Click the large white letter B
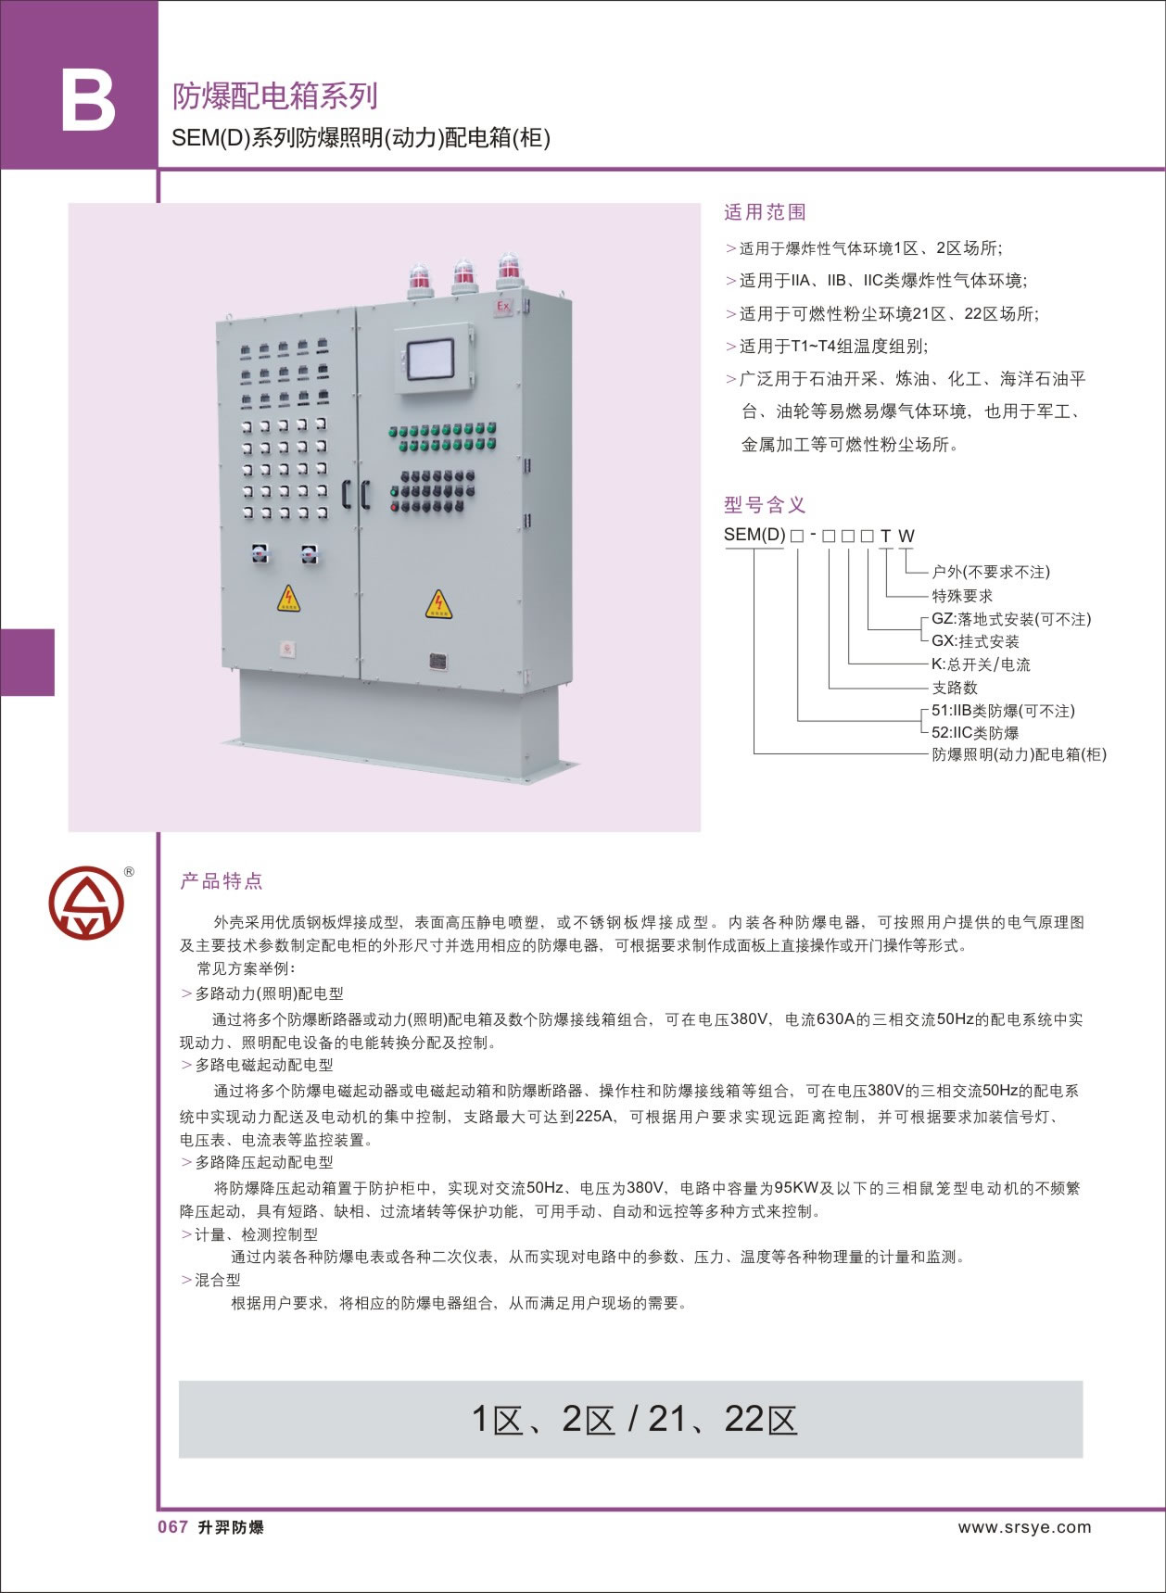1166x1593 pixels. (x=88, y=101)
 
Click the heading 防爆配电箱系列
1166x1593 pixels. (x=275, y=96)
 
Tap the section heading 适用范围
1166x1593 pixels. (x=765, y=212)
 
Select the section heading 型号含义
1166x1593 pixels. (x=765, y=505)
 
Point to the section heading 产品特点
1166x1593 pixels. (x=222, y=881)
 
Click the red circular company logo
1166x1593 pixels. (x=86, y=903)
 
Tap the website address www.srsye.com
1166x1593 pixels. (x=1024, y=1527)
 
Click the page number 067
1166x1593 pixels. (x=173, y=1527)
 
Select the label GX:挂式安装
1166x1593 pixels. (x=975, y=641)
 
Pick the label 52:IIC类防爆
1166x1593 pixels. (x=975, y=733)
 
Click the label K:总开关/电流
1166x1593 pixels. (x=981, y=664)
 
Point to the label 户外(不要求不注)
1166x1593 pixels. (x=991, y=572)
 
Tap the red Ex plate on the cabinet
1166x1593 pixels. (x=504, y=307)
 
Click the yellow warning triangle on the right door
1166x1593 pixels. (x=438, y=604)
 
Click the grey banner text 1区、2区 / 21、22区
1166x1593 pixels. (x=634, y=1419)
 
